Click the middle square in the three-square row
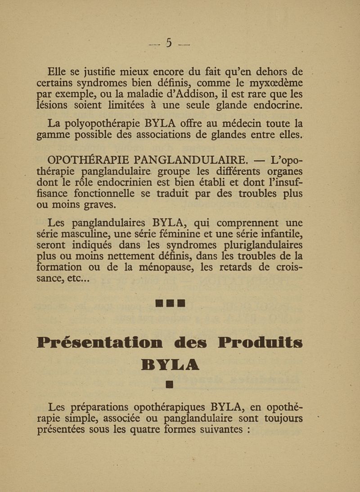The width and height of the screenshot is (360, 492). (170, 304)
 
